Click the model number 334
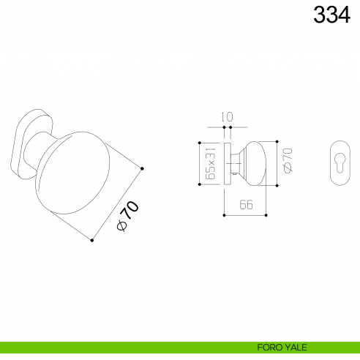tap(331, 14)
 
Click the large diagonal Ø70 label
tap(127, 217)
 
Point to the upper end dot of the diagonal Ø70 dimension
tap(142, 169)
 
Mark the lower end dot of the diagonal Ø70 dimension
tap(91, 239)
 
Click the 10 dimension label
tap(228, 117)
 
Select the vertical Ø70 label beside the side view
tap(288, 161)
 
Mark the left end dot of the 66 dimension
tap(223, 215)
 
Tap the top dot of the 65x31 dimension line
tap(199, 140)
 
